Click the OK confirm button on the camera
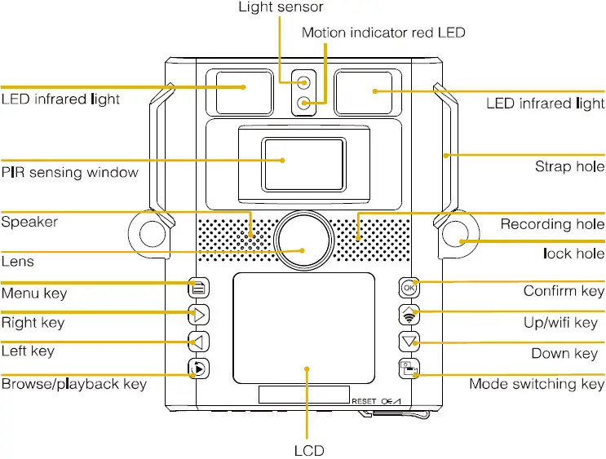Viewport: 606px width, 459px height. click(x=409, y=288)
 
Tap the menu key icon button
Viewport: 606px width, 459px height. click(x=199, y=288)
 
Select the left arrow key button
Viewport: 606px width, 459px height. click(x=199, y=342)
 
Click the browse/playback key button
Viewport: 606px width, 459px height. click(x=199, y=369)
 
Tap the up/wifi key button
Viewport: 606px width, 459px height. click(x=409, y=315)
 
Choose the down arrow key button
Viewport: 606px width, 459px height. click(x=409, y=342)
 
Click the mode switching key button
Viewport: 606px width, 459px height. click(x=409, y=369)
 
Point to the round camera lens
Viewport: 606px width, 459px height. click(x=303, y=240)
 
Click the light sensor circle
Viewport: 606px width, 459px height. click(x=304, y=82)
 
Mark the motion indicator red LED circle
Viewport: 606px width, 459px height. click(x=304, y=103)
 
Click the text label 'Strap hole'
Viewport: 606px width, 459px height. click(x=569, y=166)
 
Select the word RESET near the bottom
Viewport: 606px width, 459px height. click(x=364, y=401)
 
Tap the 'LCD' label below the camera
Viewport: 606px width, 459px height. click(x=309, y=451)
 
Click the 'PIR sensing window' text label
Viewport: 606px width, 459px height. click(x=69, y=172)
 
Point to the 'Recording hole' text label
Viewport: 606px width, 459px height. click(x=552, y=224)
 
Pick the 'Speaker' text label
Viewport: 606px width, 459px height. click(x=29, y=222)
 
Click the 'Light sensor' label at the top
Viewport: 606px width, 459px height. click(x=281, y=7)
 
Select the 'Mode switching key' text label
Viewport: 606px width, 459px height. click(x=537, y=384)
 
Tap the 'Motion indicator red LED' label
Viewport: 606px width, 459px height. click(x=383, y=33)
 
